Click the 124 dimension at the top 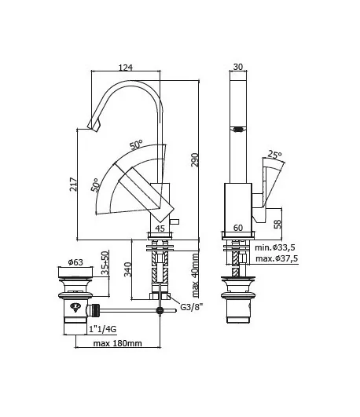point(126,68)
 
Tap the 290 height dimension point(195,159)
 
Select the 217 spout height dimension point(73,184)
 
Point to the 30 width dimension point(238,67)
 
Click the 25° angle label point(274,155)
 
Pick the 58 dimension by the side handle point(277,224)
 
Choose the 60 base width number point(238,228)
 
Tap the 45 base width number point(160,229)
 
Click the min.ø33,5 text point(275,247)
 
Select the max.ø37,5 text point(277,258)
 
